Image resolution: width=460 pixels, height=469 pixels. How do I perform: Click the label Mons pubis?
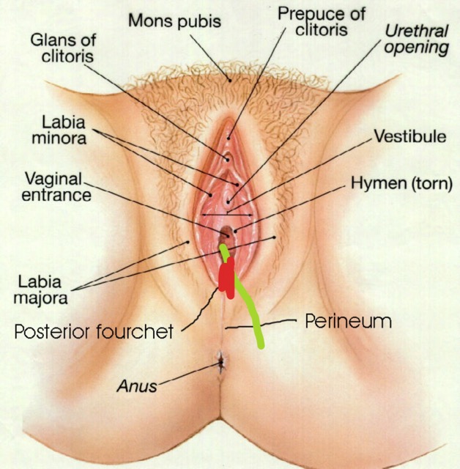coord(174,21)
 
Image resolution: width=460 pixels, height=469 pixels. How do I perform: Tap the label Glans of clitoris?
coord(64,48)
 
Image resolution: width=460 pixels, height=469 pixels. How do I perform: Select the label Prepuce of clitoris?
coord(322,21)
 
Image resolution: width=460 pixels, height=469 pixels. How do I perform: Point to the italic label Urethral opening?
coord(417,40)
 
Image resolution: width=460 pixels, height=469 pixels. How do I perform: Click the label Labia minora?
coord(59,130)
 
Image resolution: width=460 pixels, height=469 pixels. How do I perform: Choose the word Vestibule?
coord(410,136)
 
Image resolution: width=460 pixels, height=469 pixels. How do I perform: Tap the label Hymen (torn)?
coord(401,182)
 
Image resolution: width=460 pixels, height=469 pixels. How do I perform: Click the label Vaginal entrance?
coord(56,187)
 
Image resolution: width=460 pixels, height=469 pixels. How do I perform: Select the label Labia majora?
coord(41,289)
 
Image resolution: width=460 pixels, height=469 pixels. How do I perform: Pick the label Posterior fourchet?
coord(94,331)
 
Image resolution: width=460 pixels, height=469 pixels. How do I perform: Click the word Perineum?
coord(348,322)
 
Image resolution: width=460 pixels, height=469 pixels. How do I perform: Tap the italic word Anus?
coord(137,386)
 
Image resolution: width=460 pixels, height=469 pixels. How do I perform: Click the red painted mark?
coord(227,278)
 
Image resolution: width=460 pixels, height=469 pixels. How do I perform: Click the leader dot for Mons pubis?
coord(230,81)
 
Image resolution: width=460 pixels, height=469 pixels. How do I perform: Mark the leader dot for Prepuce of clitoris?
coord(229,139)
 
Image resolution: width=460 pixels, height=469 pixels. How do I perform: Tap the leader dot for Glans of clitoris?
coord(228,160)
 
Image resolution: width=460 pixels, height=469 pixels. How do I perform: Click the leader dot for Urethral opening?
coord(229,202)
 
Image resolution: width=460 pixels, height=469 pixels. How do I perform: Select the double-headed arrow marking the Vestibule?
coord(227,215)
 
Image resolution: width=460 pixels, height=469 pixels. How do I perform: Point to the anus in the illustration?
coord(221,363)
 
